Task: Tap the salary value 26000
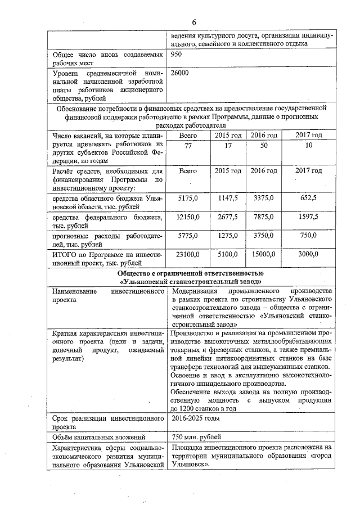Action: pos(179,73)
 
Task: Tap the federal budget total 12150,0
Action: pos(187,217)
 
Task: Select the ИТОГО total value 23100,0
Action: pos(187,254)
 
